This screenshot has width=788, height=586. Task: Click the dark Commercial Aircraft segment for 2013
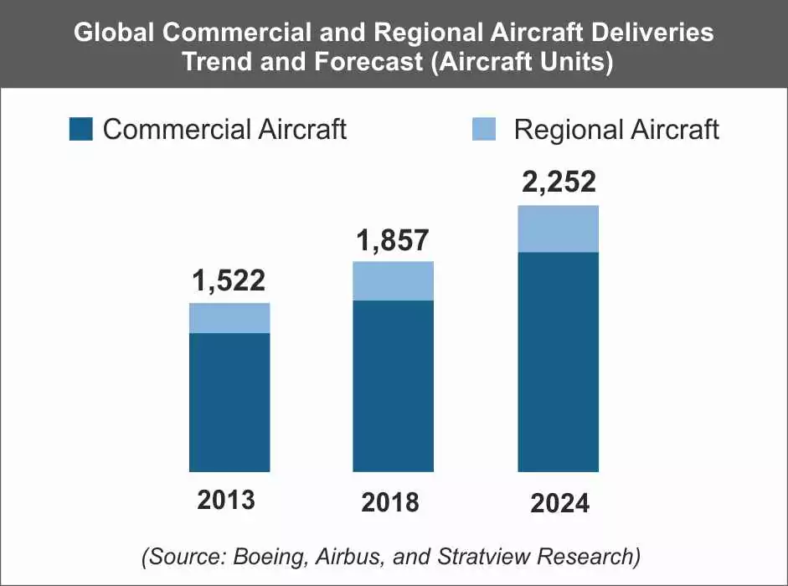pos(229,402)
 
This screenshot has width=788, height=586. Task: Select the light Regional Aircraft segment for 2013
pos(229,318)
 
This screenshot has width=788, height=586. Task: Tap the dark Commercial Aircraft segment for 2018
pos(393,385)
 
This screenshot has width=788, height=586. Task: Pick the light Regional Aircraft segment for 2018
pos(393,280)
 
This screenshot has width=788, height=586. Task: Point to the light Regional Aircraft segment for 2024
pos(558,229)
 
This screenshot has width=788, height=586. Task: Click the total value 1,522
pos(229,280)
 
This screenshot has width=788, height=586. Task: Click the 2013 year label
pos(226,501)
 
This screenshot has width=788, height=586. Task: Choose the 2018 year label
pos(390,503)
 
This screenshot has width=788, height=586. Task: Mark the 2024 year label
pos(560,504)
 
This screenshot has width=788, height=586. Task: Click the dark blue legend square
pos(80,130)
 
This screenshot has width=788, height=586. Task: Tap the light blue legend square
pos(484,130)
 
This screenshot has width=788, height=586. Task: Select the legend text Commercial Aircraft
pos(224,130)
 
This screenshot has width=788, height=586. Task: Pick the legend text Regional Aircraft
pos(616,130)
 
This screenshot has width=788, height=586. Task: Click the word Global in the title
pos(106,33)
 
